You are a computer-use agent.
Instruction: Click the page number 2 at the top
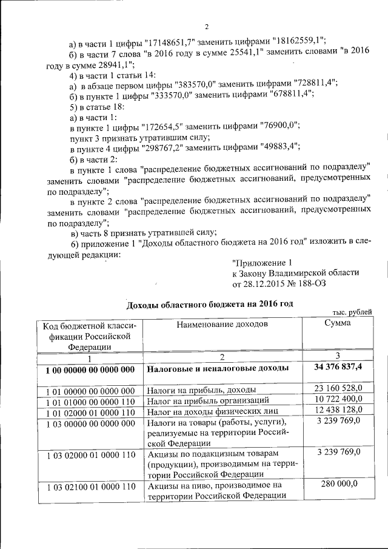coord(207,27)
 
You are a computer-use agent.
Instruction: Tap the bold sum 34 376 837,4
coord(338,368)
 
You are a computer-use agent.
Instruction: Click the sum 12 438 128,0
coord(338,411)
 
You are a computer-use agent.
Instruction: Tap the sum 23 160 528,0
coord(338,388)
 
